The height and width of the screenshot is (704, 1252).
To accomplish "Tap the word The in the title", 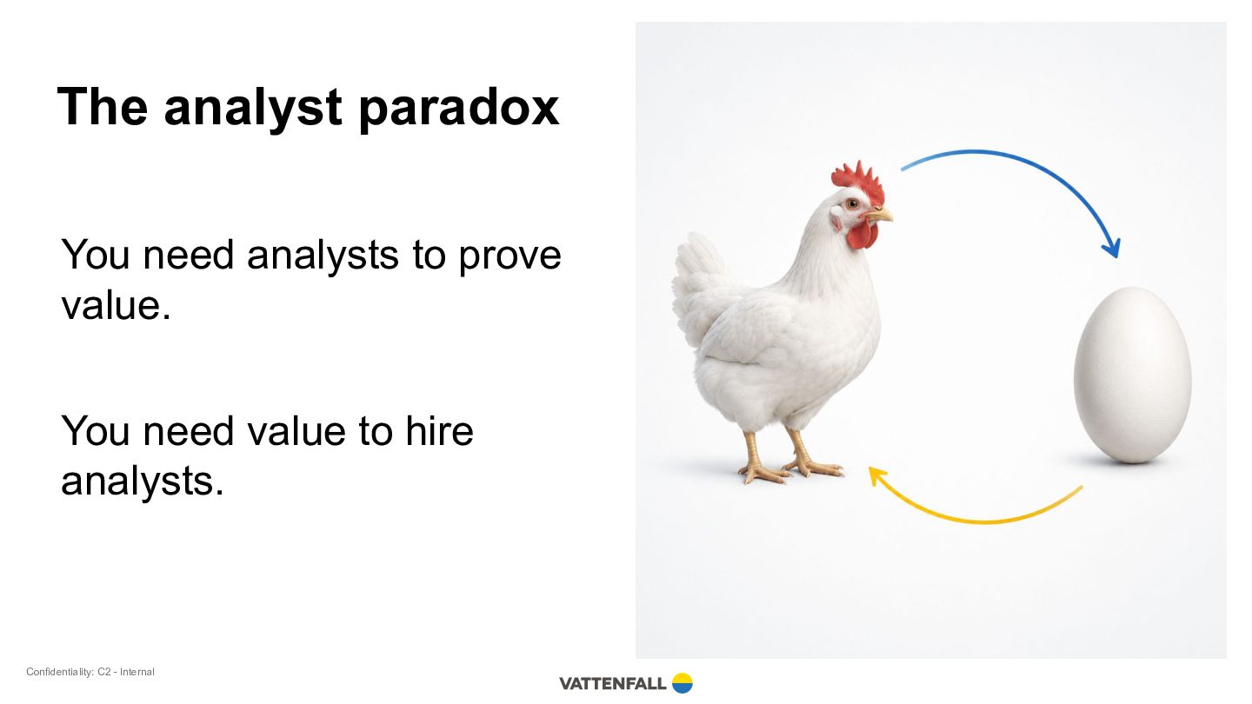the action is click(x=103, y=106).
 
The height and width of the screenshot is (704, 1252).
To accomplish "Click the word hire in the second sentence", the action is click(x=439, y=430).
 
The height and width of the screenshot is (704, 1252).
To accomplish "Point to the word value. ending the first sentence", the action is click(x=116, y=305).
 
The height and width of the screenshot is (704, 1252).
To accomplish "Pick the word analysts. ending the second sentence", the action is click(x=142, y=482).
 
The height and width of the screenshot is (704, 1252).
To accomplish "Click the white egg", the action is click(x=1132, y=375).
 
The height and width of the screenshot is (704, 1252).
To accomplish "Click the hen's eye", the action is click(x=852, y=203).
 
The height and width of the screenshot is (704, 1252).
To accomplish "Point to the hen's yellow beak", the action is click(x=880, y=214).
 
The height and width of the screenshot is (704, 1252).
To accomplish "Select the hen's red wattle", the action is click(x=862, y=234).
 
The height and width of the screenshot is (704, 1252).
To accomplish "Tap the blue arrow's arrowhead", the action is click(x=1112, y=249).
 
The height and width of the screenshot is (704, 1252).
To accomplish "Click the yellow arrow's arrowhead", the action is click(x=877, y=476).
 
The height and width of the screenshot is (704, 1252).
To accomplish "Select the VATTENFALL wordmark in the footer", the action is click(x=613, y=683).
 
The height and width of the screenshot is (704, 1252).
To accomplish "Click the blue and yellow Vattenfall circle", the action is click(x=682, y=683).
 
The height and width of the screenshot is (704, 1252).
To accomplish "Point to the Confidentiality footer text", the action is click(x=90, y=672).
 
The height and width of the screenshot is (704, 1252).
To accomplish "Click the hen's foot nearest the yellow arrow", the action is click(x=813, y=467).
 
